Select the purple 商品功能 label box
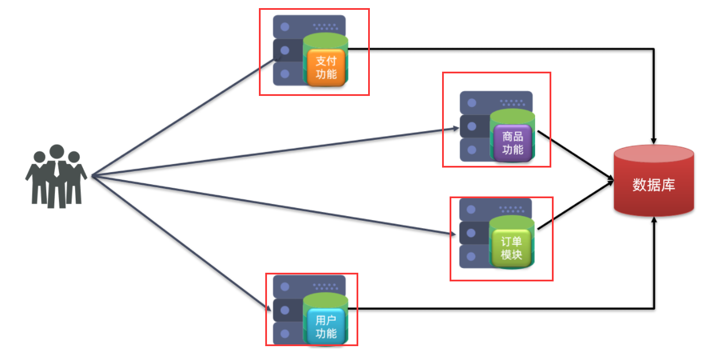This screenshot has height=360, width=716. (x=513, y=142)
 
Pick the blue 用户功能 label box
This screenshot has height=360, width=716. (x=326, y=326)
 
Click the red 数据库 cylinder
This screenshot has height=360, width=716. (x=654, y=180)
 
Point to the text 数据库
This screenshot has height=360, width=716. (x=654, y=185)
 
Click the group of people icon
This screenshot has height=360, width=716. (x=56, y=176)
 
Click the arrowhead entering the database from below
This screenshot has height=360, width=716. (x=654, y=221)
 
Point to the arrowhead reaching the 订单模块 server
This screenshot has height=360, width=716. (x=452, y=233)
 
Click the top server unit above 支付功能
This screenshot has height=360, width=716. (x=309, y=26)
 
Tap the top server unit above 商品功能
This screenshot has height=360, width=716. (x=496, y=102)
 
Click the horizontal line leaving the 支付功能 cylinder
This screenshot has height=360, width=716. (x=497, y=49)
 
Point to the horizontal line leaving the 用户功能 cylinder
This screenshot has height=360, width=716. (x=497, y=308)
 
